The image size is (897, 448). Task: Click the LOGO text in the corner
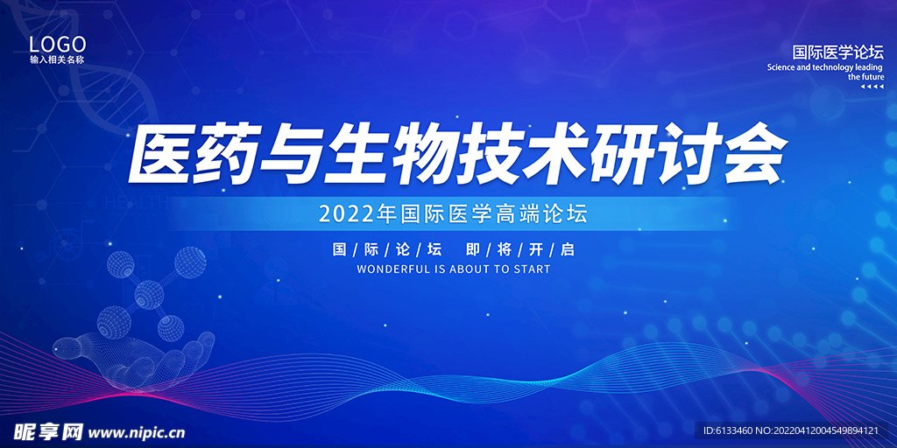point(57,44)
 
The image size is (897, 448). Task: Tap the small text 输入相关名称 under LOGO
point(57,60)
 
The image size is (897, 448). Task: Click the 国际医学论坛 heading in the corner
point(837,52)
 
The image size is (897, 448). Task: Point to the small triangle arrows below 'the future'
point(872,87)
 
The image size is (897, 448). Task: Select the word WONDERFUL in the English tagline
point(393,269)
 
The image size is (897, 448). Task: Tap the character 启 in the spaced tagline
point(568,249)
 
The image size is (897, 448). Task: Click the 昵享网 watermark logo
point(46,431)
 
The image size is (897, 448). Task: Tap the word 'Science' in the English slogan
point(781,67)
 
